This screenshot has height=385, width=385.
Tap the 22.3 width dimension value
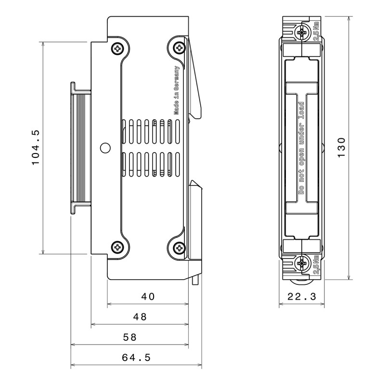(x=302, y=297)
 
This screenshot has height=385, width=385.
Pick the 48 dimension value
(x=140, y=317)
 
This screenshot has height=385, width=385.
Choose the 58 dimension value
(x=130, y=337)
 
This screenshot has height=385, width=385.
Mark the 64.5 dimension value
(x=136, y=357)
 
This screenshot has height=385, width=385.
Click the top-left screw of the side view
(x=117, y=48)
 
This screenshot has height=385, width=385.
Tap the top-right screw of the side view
(x=180, y=48)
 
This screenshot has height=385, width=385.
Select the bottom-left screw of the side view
(x=117, y=248)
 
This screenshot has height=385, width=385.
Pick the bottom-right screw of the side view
(x=180, y=248)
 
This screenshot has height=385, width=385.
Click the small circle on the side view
(x=104, y=148)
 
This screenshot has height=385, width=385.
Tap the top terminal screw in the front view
(x=302, y=33)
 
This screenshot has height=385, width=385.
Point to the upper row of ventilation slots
(x=152, y=131)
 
